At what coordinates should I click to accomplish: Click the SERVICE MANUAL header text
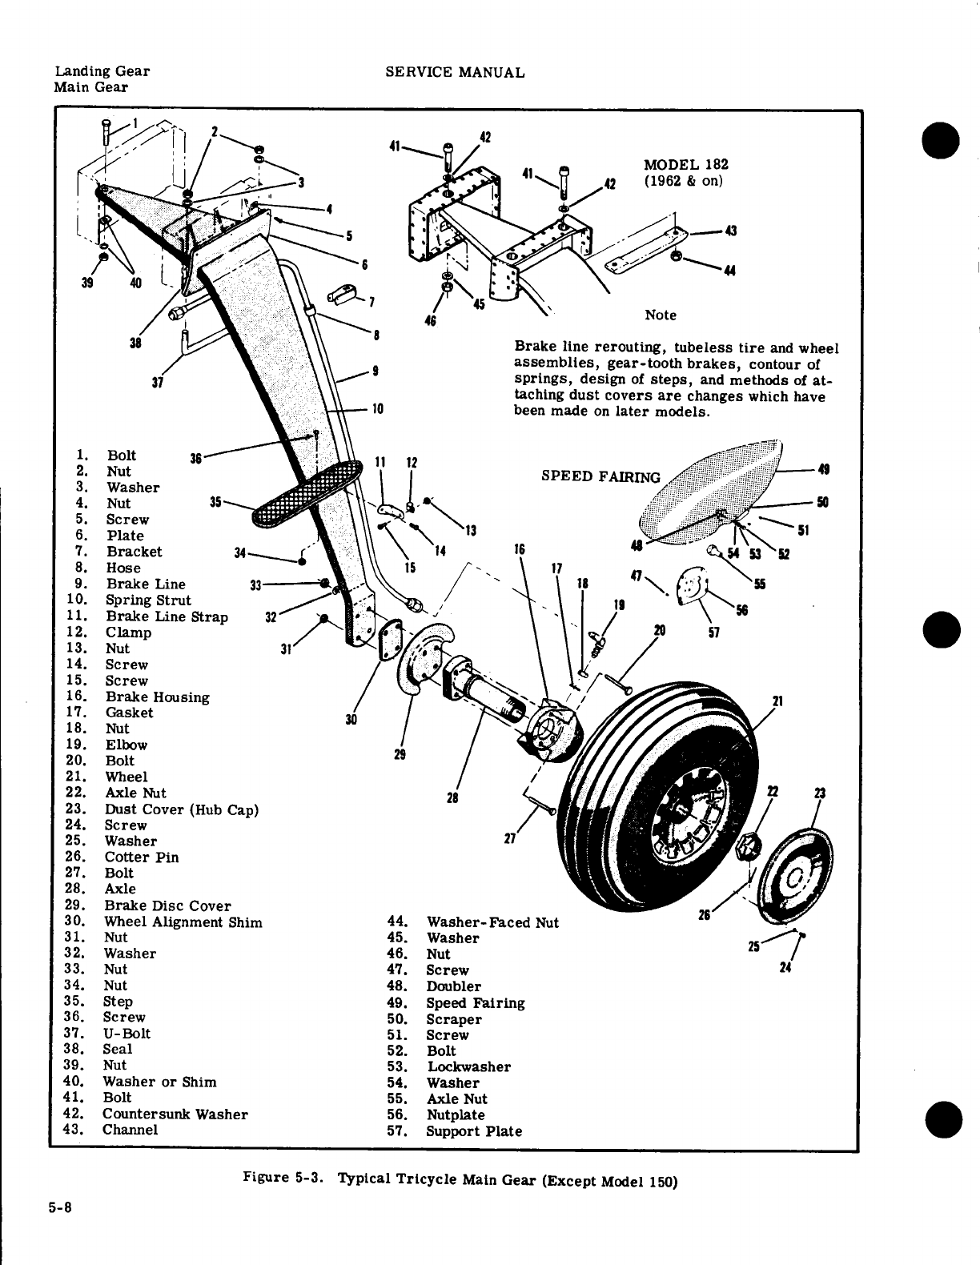[455, 72]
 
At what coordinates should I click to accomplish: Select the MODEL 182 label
[685, 165]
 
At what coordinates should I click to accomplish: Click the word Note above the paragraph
[661, 315]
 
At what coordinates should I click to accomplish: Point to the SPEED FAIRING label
[600, 476]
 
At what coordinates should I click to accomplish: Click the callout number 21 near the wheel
[776, 702]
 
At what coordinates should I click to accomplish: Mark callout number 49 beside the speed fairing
[821, 470]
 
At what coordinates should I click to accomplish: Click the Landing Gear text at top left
[102, 70]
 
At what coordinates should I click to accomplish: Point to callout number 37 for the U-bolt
[158, 382]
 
